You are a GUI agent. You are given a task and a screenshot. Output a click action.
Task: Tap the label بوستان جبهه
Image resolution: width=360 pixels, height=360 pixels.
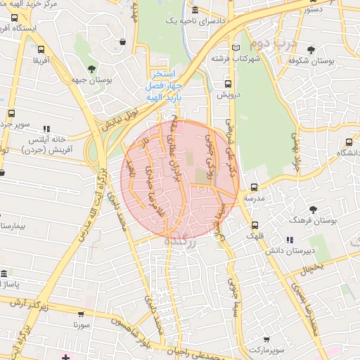tap(92, 79)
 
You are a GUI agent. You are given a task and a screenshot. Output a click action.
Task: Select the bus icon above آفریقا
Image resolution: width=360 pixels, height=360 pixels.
tap(41, 49)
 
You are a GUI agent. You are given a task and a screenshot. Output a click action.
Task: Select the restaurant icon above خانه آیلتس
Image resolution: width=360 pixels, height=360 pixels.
tap(46, 129)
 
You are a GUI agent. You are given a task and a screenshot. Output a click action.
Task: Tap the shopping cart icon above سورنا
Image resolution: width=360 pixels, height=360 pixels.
tap(82, 314)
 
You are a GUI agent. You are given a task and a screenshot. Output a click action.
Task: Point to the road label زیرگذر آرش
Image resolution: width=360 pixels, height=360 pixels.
tap(30, 304)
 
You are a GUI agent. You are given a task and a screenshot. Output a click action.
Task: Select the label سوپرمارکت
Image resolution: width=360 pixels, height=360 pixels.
tap(264, 348)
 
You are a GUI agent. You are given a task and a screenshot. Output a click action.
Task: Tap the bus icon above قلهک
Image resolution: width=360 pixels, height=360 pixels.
tap(254, 225)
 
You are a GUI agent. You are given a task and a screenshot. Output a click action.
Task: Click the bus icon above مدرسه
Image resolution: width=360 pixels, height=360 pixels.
tap(254, 188)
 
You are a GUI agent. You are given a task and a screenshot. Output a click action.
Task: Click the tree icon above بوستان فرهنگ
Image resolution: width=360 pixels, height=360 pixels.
tap(313, 210)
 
